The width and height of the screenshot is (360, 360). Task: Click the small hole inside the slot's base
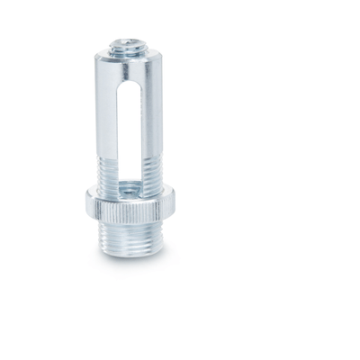(132, 186)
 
